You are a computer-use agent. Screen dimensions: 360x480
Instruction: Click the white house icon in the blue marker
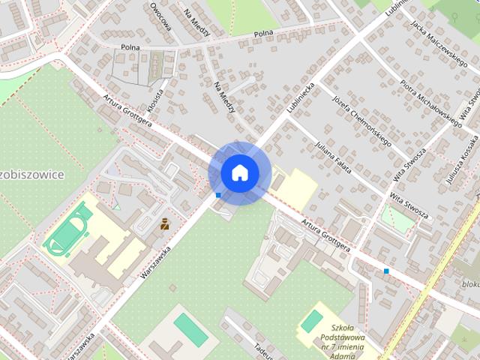(239, 172)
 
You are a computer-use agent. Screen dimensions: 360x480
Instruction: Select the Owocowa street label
(160, 16)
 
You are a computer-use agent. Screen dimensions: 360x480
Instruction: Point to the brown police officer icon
(164, 223)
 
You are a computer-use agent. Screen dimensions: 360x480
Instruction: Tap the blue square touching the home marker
(217, 195)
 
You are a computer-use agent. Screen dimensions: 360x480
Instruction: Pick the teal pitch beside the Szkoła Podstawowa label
(311, 320)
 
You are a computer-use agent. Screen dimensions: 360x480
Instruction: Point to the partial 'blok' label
(470, 284)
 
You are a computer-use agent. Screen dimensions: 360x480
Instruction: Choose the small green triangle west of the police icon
(116, 205)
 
